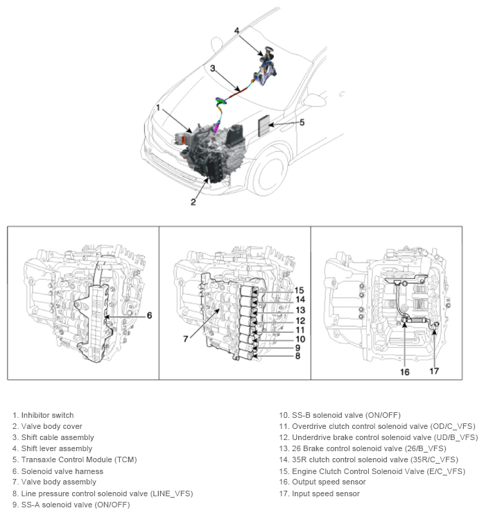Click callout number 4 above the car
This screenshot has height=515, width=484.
(x=236, y=31)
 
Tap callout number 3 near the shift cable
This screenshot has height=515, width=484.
(x=214, y=68)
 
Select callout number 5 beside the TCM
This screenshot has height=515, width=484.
(x=302, y=122)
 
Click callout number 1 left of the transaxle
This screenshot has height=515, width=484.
(x=159, y=108)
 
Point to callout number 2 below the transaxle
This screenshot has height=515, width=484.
(x=193, y=202)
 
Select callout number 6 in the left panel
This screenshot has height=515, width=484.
(x=149, y=315)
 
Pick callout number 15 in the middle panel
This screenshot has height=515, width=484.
(x=300, y=290)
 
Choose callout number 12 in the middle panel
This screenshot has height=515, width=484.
(x=300, y=320)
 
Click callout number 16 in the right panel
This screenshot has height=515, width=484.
(x=405, y=372)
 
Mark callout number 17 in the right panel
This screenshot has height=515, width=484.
(x=434, y=371)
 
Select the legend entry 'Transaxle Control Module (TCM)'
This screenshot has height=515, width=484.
(x=78, y=460)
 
